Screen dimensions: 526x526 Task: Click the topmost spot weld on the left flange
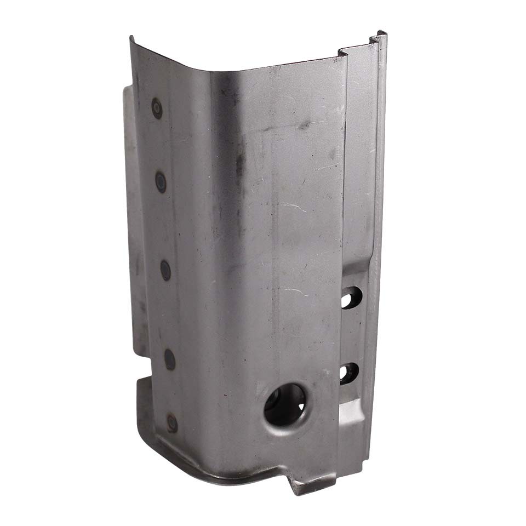[157, 108]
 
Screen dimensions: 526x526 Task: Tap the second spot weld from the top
[161, 181]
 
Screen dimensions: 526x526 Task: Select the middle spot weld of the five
[165, 270]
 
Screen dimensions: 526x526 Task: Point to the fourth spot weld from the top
[170, 359]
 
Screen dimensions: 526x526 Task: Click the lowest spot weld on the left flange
[172, 422]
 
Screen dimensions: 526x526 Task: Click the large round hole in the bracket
[285, 404]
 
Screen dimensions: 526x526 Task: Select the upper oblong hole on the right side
[351, 297]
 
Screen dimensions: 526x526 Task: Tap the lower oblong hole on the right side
[349, 373]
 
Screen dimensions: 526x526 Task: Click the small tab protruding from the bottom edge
[299, 485]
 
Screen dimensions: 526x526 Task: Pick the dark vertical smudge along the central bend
[239, 164]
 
